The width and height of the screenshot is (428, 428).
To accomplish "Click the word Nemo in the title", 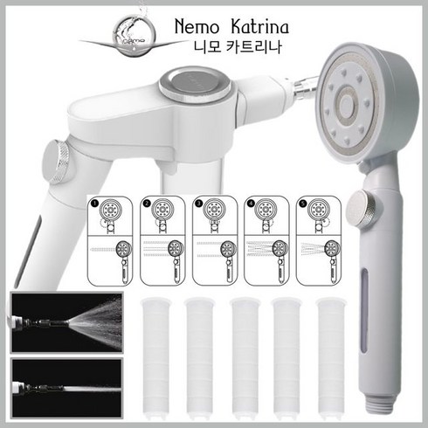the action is [x=197, y=27].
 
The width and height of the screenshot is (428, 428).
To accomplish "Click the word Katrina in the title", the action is [x=259, y=26].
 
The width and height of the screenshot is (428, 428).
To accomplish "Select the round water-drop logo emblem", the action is [x=135, y=37].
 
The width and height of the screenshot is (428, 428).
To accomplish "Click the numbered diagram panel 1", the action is [x=110, y=241].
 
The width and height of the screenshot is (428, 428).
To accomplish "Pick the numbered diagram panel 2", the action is [x=162, y=241].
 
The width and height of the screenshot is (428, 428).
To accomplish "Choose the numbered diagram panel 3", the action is [x=215, y=241].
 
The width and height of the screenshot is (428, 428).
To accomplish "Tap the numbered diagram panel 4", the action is [x=266, y=241].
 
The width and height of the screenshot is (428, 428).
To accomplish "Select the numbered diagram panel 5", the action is [x=319, y=241].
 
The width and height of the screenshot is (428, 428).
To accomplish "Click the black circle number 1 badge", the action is [x=93, y=203].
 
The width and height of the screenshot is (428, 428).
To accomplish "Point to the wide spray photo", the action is [x=66, y=322].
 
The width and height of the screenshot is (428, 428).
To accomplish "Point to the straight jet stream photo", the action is [x=66, y=388].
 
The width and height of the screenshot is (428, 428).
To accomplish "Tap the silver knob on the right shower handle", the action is [x=363, y=208].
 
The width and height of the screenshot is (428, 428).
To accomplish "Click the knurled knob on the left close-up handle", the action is [x=56, y=162].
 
